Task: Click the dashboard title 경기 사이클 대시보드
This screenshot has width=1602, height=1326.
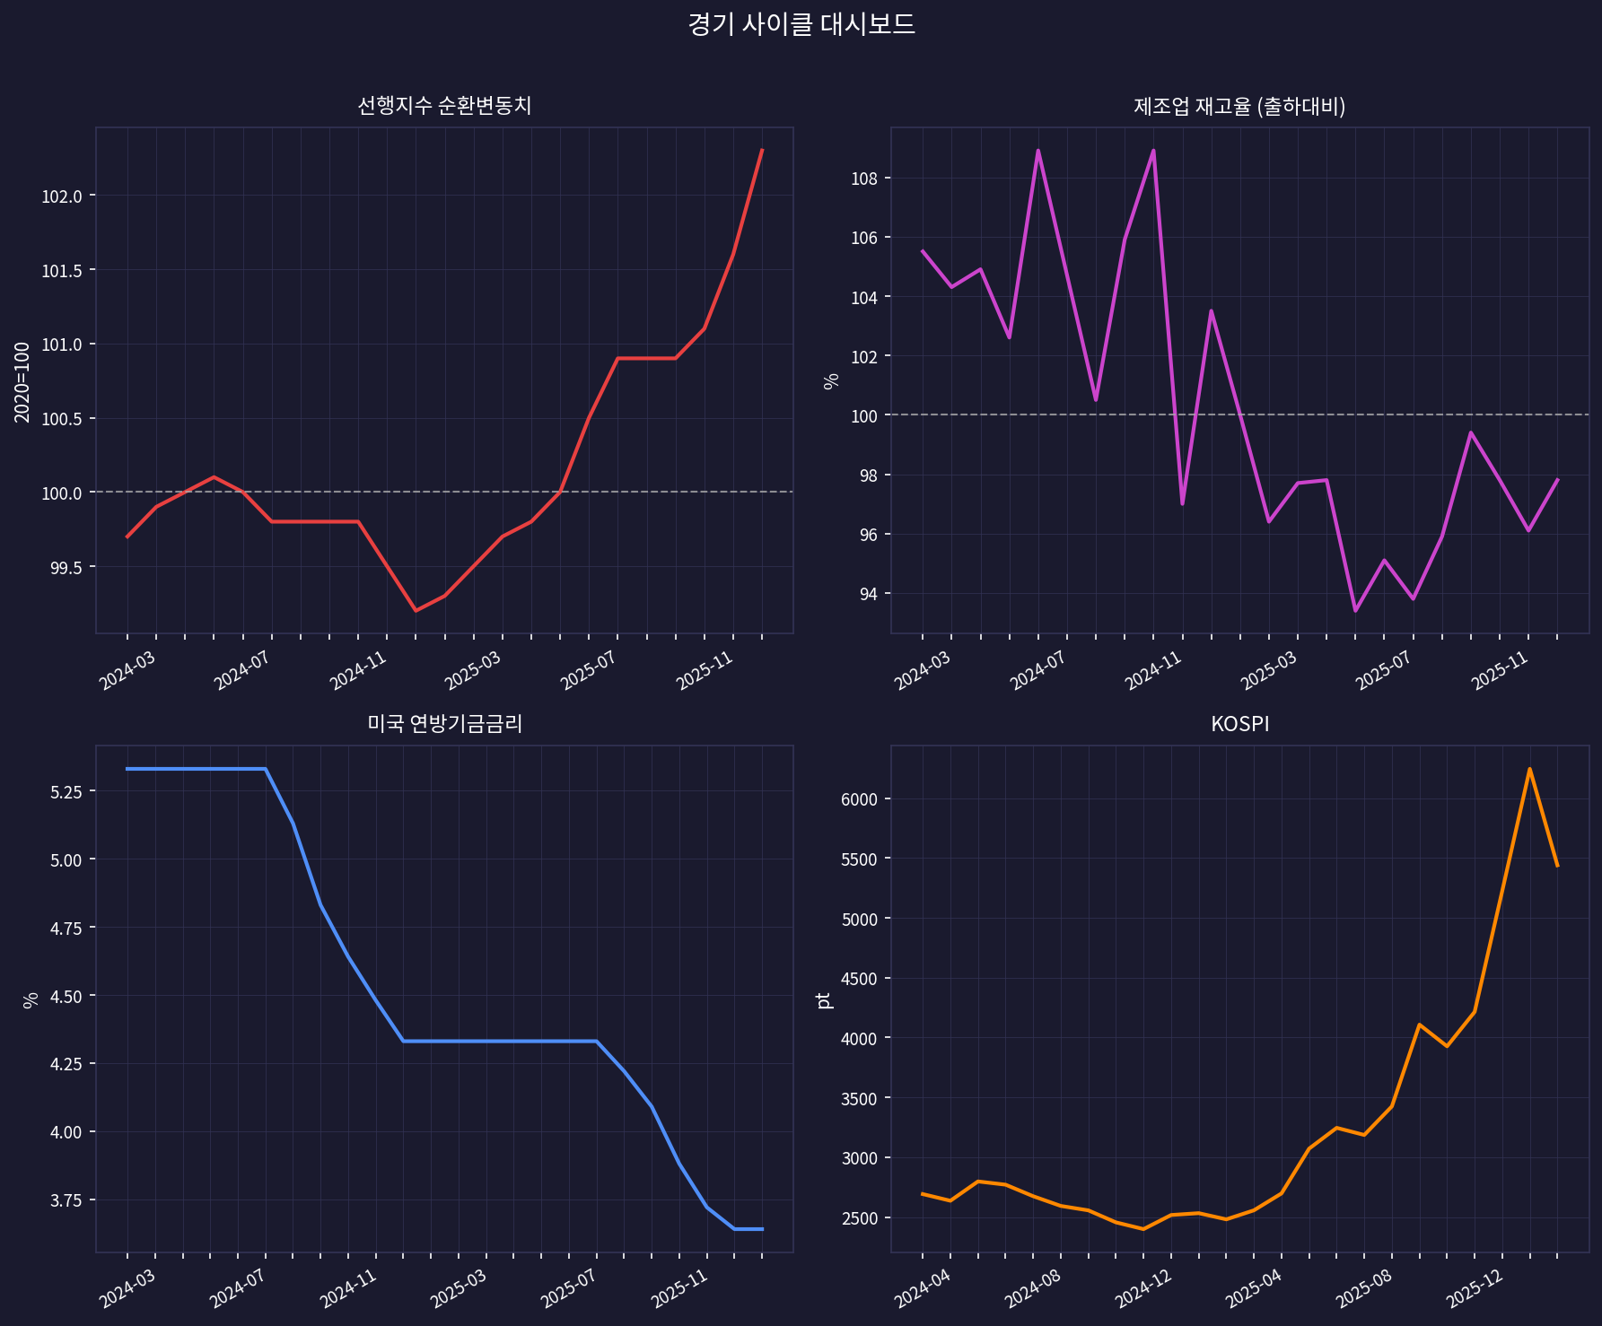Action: tap(801, 24)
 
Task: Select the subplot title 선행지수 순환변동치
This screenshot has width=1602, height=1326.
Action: tap(444, 106)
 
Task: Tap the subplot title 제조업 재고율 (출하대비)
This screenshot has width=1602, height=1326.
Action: tap(1239, 107)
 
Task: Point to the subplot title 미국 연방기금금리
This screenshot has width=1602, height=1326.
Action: tap(444, 724)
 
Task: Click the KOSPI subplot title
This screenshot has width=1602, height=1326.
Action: tap(1239, 724)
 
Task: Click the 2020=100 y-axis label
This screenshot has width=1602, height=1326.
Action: tap(22, 381)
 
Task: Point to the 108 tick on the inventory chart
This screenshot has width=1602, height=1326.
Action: tap(864, 179)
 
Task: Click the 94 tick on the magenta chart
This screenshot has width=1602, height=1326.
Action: tap(868, 594)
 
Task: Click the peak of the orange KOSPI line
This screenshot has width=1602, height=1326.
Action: tap(1529, 769)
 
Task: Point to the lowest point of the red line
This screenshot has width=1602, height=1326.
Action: tap(416, 611)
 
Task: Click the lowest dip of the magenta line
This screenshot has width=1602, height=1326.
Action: tap(1355, 611)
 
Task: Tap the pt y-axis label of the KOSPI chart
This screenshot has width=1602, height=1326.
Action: tap(825, 999)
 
